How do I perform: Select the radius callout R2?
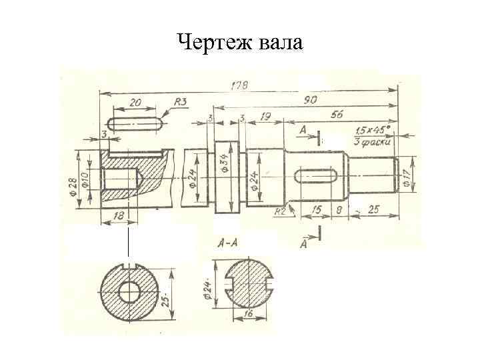point(280,211)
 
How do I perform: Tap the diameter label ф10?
point(85,179)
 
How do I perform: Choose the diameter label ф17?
point(406,176)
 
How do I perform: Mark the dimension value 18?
point(119,215)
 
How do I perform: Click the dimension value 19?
point(265,116)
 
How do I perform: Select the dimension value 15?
point(317,210)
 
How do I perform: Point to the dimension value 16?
point(247,312)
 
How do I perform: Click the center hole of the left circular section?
point(127,291)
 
